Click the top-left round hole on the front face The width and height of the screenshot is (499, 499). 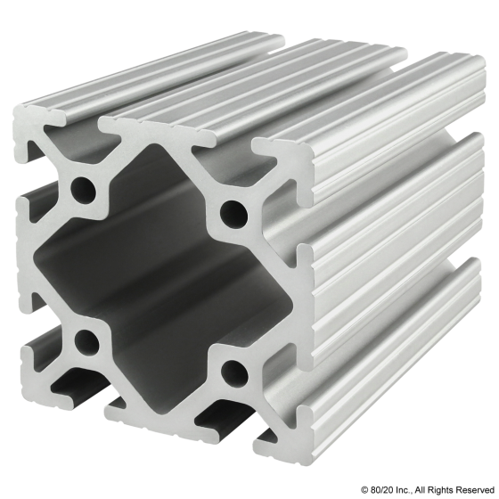(86, 189)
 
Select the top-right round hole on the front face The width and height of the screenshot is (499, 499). (234, 212)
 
